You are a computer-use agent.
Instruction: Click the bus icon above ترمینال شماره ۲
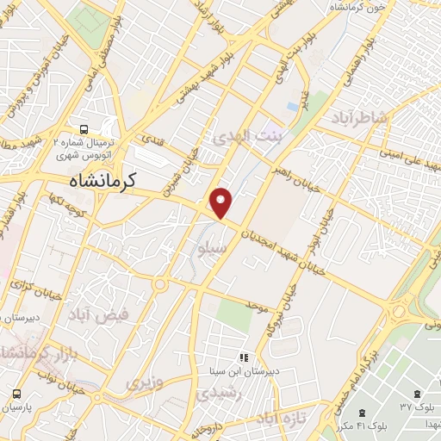[84, 123]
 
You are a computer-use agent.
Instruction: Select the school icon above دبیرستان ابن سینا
[244, 357]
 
